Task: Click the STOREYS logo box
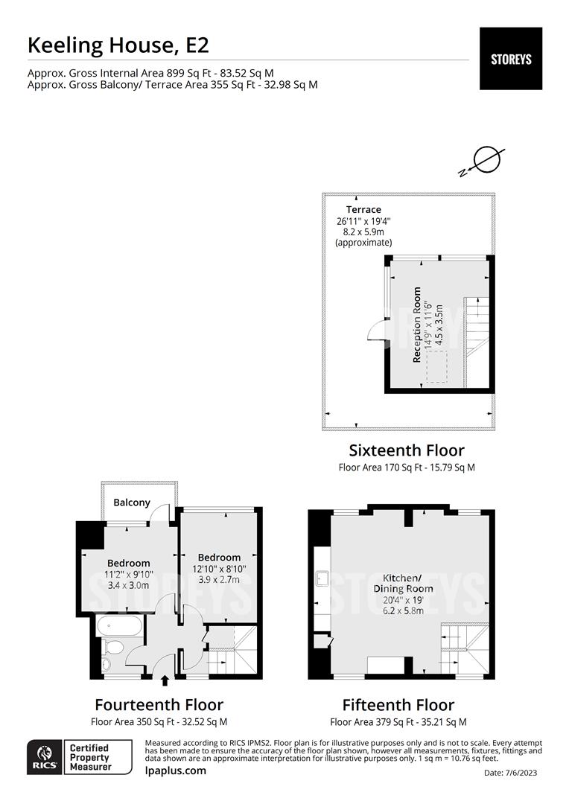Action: point(510,59)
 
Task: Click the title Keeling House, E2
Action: point(118,45)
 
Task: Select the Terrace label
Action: point(363,210)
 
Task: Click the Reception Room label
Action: point(417,325)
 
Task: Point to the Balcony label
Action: point(132,502)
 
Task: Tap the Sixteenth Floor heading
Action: point(407,450)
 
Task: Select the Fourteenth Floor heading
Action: point(159,704)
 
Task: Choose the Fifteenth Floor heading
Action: point(398,704)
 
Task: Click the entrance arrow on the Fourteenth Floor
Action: point(165,680)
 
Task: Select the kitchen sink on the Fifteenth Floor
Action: point(323,577)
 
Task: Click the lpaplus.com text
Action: point(175,770)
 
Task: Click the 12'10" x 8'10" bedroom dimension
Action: point(219,569)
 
